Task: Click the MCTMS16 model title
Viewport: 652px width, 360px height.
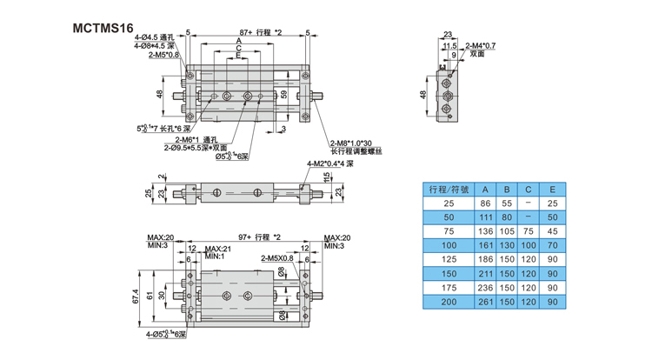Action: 103,27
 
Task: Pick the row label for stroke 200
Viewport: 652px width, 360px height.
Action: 449,302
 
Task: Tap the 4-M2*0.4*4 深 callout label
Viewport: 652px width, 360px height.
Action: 330,163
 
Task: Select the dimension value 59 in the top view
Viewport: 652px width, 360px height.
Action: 283,93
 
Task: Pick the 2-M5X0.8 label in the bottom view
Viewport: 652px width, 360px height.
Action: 276,258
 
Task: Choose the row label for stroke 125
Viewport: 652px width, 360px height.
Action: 449,259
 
